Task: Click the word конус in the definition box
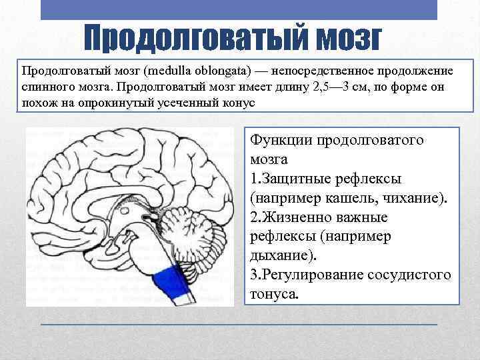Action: [x=237, y=103]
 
